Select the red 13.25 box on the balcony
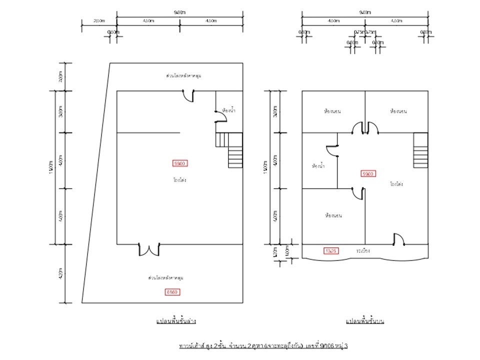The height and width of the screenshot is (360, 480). (332, 250)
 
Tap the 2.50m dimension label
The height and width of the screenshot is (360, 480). (99, 20)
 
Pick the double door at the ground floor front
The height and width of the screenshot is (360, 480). (148, 249)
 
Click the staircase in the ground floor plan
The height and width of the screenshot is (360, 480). (229, 150)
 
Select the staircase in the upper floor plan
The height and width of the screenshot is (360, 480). (421, 150)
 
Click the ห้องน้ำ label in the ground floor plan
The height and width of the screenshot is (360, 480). (229, 109)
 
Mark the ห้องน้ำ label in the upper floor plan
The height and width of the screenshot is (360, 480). (317, 165)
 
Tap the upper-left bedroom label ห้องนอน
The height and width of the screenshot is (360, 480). (332, 111)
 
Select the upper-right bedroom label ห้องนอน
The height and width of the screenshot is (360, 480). (398, 111)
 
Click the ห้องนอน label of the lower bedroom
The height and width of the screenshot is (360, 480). (333, 215)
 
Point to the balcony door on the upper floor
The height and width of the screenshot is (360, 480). (398, 239)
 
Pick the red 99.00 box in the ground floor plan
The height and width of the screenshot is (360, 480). (180, 163)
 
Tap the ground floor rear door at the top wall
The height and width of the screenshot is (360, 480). (188, 95)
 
